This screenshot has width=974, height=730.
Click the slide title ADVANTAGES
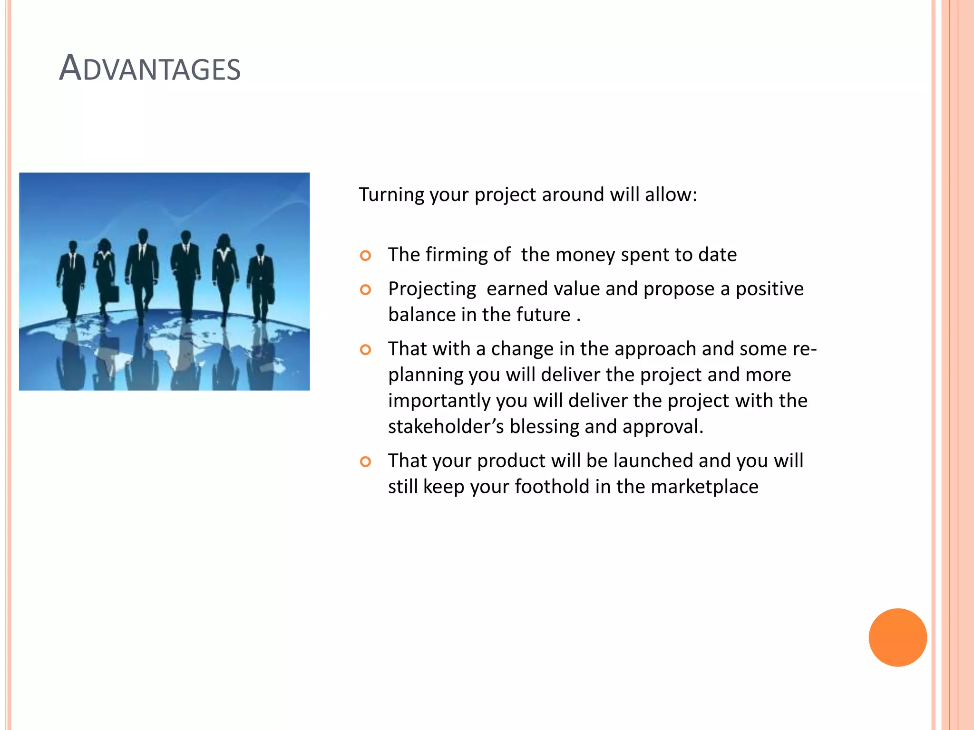point(150,68)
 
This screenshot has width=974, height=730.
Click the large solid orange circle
point(897,637)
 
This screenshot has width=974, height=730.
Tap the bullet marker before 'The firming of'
point(365,256)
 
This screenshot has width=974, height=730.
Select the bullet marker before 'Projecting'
point(365,290)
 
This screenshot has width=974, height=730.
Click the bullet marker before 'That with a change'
point(365,350)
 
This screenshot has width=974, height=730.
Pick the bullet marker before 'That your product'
point(365,462)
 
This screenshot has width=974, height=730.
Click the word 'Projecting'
point(432,289)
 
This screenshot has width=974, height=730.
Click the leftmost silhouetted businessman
point(72,280)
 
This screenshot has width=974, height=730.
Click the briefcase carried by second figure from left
point(113,293)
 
